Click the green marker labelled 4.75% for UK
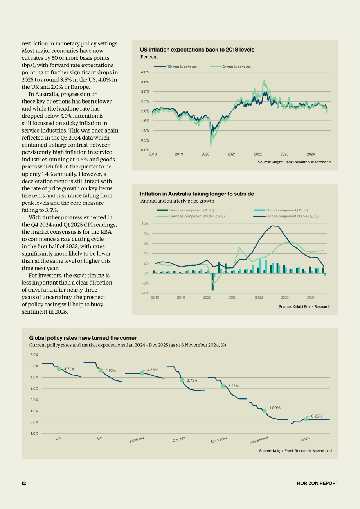pos(59,369)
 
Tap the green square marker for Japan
pos(306,419)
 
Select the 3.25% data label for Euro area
pos(233,386)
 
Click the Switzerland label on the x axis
pos(259,440)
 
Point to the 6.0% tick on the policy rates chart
pos(34,355)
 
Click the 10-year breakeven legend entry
pos(176,66)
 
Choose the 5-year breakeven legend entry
pos(230,66)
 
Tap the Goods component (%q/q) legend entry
pos(281,210)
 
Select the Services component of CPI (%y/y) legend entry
pos(191,216)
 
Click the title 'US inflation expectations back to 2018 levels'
pos(197,50)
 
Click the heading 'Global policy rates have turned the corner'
pos(83,338)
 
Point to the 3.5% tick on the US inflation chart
pos(145,82)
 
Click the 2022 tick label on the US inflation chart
pos(258,154)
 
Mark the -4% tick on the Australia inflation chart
pos(145,293)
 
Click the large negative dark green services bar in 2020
pos(212,282)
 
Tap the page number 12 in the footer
pos(23,483)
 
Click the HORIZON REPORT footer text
pos(317,483)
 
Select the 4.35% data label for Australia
pos(153,370)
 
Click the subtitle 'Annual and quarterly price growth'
pos(177,201)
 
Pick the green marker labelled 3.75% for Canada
pos(182,380)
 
